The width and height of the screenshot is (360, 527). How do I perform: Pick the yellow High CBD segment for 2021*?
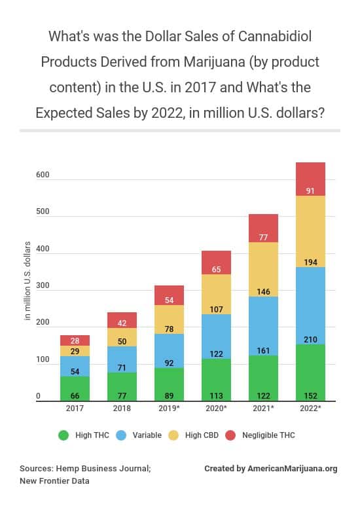pyautogui.click(x=263, y=269)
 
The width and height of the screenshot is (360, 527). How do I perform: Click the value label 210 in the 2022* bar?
pyautogui.click(x=310, y=339)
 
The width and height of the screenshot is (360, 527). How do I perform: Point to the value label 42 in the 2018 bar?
pyautogui.click(x=122, y=323)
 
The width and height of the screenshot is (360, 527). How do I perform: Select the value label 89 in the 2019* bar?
pyautogui.click(x=169, y=395)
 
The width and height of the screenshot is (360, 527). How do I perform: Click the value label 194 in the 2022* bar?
pyautogui.click(x=310, y=262)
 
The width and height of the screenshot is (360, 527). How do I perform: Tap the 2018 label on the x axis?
pyautogui.click(x=122, y=408)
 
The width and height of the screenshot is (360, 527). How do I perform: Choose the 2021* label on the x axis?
pyautogui.click(x=263, y=408)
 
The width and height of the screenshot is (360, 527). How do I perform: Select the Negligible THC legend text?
pyautogui.click(x=268, y=435)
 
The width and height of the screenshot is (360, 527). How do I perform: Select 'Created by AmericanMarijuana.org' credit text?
pyautogui.click(x=271, y=469)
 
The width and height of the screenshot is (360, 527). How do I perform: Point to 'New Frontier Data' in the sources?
pyautogui.click(x=54, y=481)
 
